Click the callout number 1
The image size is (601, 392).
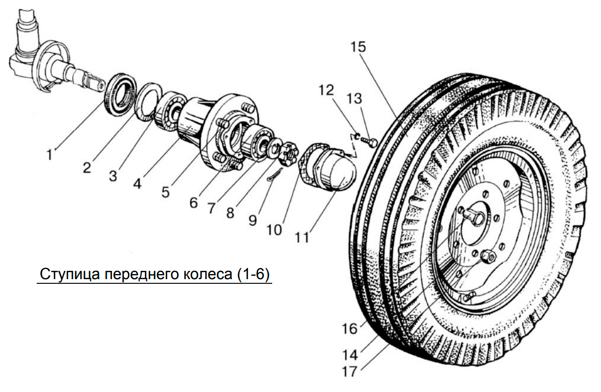pyautogui.click(x=50, y=155)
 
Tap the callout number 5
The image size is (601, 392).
pyautogui.click(x=165, y=192)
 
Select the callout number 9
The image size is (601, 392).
pyautogui.click(x=253, y=220)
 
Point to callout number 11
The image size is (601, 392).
pyautogui.click(x=302, y=237)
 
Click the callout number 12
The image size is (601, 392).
pyautogui.click(x=326, y=90)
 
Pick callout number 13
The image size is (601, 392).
pyautogui.click(x=354, y=98)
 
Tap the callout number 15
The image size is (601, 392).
pyautogui.click(x=359, y=47)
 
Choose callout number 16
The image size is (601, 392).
pyautogui.click(x=350, y=328)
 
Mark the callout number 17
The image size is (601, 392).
pyautogui.click(x=350, y=372)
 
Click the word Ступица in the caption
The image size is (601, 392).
pyautogui.click(x=70, y=274)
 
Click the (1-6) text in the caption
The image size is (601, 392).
pyautogui.click(x=253, y=274)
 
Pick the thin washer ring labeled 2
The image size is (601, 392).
pyautogui.click(x=148, y=102)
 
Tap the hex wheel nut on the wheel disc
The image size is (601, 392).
pyautogui.click(x=488, y=257)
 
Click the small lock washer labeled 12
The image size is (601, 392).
pyautogui.click(x=357, y=136)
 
